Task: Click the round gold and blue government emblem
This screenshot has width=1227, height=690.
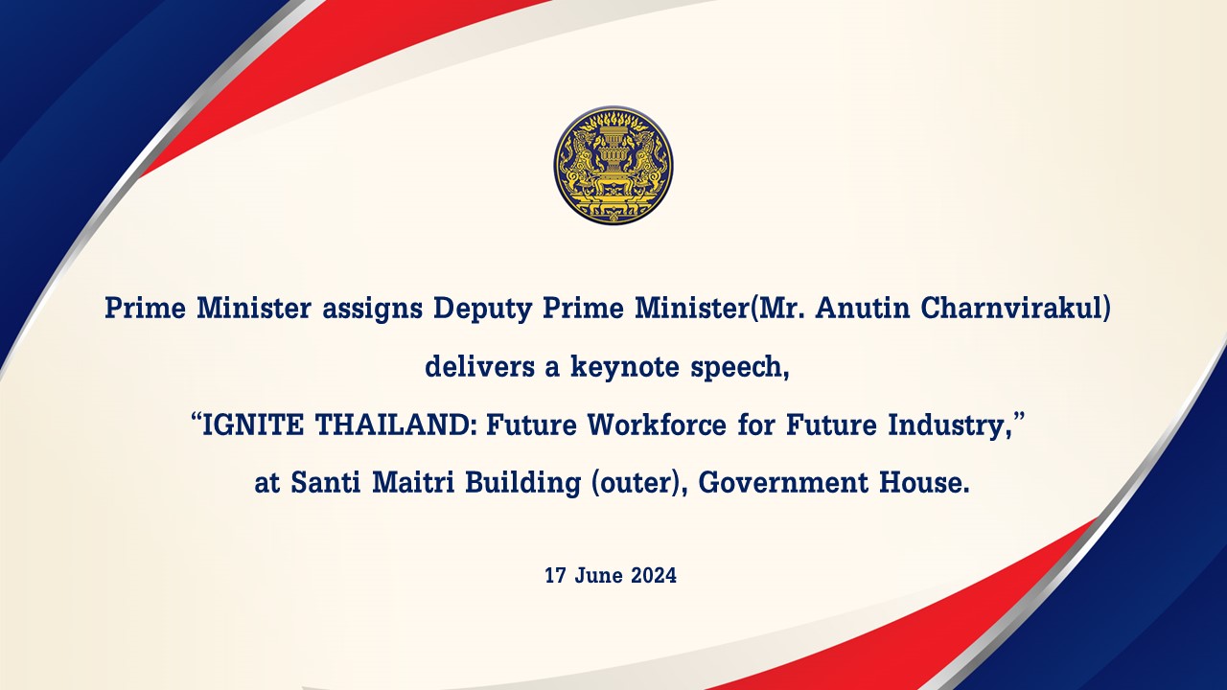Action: pyautogui.click(x=613, y=165)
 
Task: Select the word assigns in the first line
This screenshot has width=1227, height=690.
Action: pyautogui.click(x=372, y=310)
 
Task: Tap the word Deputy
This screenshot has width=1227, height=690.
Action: pyautogui.click(x=482, y=310)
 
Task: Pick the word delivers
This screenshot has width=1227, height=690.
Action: pyautogui.click(x=479, y=366)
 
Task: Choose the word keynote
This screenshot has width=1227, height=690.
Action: pyautogui.click(x=625, y=366)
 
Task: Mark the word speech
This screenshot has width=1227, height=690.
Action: pyautogui.click(x=736, y=367)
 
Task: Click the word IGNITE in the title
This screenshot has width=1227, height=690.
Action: pyautogui.click(x=252, y=425)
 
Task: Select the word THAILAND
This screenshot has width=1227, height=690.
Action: pyautogui.click(x=391, y=425)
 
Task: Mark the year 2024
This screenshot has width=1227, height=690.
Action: pyautogui.click(x=654, y=576)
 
